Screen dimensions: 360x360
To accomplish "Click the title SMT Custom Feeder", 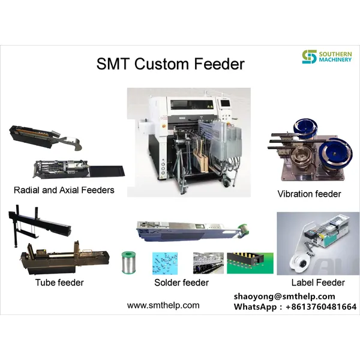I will pyautogui.click(x=170, y=64).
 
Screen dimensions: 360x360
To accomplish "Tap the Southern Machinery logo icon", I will pyautogui.click(x=309, y=58).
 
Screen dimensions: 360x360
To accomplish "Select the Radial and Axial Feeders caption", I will pyautogui.click(x=64, y=190).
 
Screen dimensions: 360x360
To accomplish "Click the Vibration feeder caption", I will pyautogui.click(x=309, y=194).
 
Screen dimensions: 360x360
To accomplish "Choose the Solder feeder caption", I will pyautogui.click(x=181, y=283).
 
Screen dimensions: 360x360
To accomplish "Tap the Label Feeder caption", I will pyautogui.click(x=317, y=283).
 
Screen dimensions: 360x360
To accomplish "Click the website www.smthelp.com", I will pyautogui.click(x=163, y=305).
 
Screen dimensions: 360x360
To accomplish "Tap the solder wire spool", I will pyautogui.click(x=128, y=262).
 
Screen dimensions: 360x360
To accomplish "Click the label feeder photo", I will pyautogui.click(x=318, y=243).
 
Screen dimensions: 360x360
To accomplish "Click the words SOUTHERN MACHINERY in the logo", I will pyautogui.click(x=335, y=58).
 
